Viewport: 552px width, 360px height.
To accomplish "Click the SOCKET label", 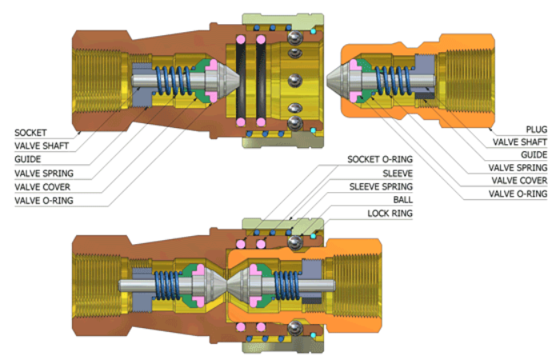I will [x=31, y=131].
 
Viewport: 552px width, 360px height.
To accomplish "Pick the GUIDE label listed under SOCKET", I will [x=28, y=159].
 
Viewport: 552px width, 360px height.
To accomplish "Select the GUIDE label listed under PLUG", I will [x=534, y=154].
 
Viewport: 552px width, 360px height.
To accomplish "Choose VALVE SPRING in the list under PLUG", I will [x=518, y=168].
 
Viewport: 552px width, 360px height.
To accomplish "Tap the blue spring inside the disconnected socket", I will [x=174, y=81].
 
